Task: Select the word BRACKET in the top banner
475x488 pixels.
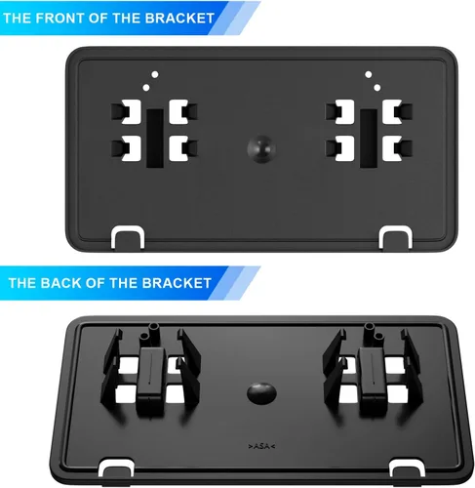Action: [x=179, y=18]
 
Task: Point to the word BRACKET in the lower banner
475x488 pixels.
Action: [x=177, y=283]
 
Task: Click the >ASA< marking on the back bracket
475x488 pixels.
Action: [x=261, y=446]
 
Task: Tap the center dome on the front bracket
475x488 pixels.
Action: [x=261, y=148]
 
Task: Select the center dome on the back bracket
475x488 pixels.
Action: [x=261, y=392]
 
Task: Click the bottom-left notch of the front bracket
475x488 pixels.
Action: [x=128, y=236]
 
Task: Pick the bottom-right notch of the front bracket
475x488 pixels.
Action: [x=396, y=236]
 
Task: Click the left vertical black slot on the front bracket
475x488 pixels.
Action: [x=155, y=139]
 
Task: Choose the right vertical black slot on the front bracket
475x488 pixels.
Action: [x=369, y=139]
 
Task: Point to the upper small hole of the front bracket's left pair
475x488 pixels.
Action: [x=155, y=74]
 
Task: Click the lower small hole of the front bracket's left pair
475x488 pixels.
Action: [x=146, y=88]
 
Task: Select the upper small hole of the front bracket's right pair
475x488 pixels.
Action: [x=369, y=74]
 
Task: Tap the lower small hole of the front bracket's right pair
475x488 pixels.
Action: [x=377, y=88]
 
